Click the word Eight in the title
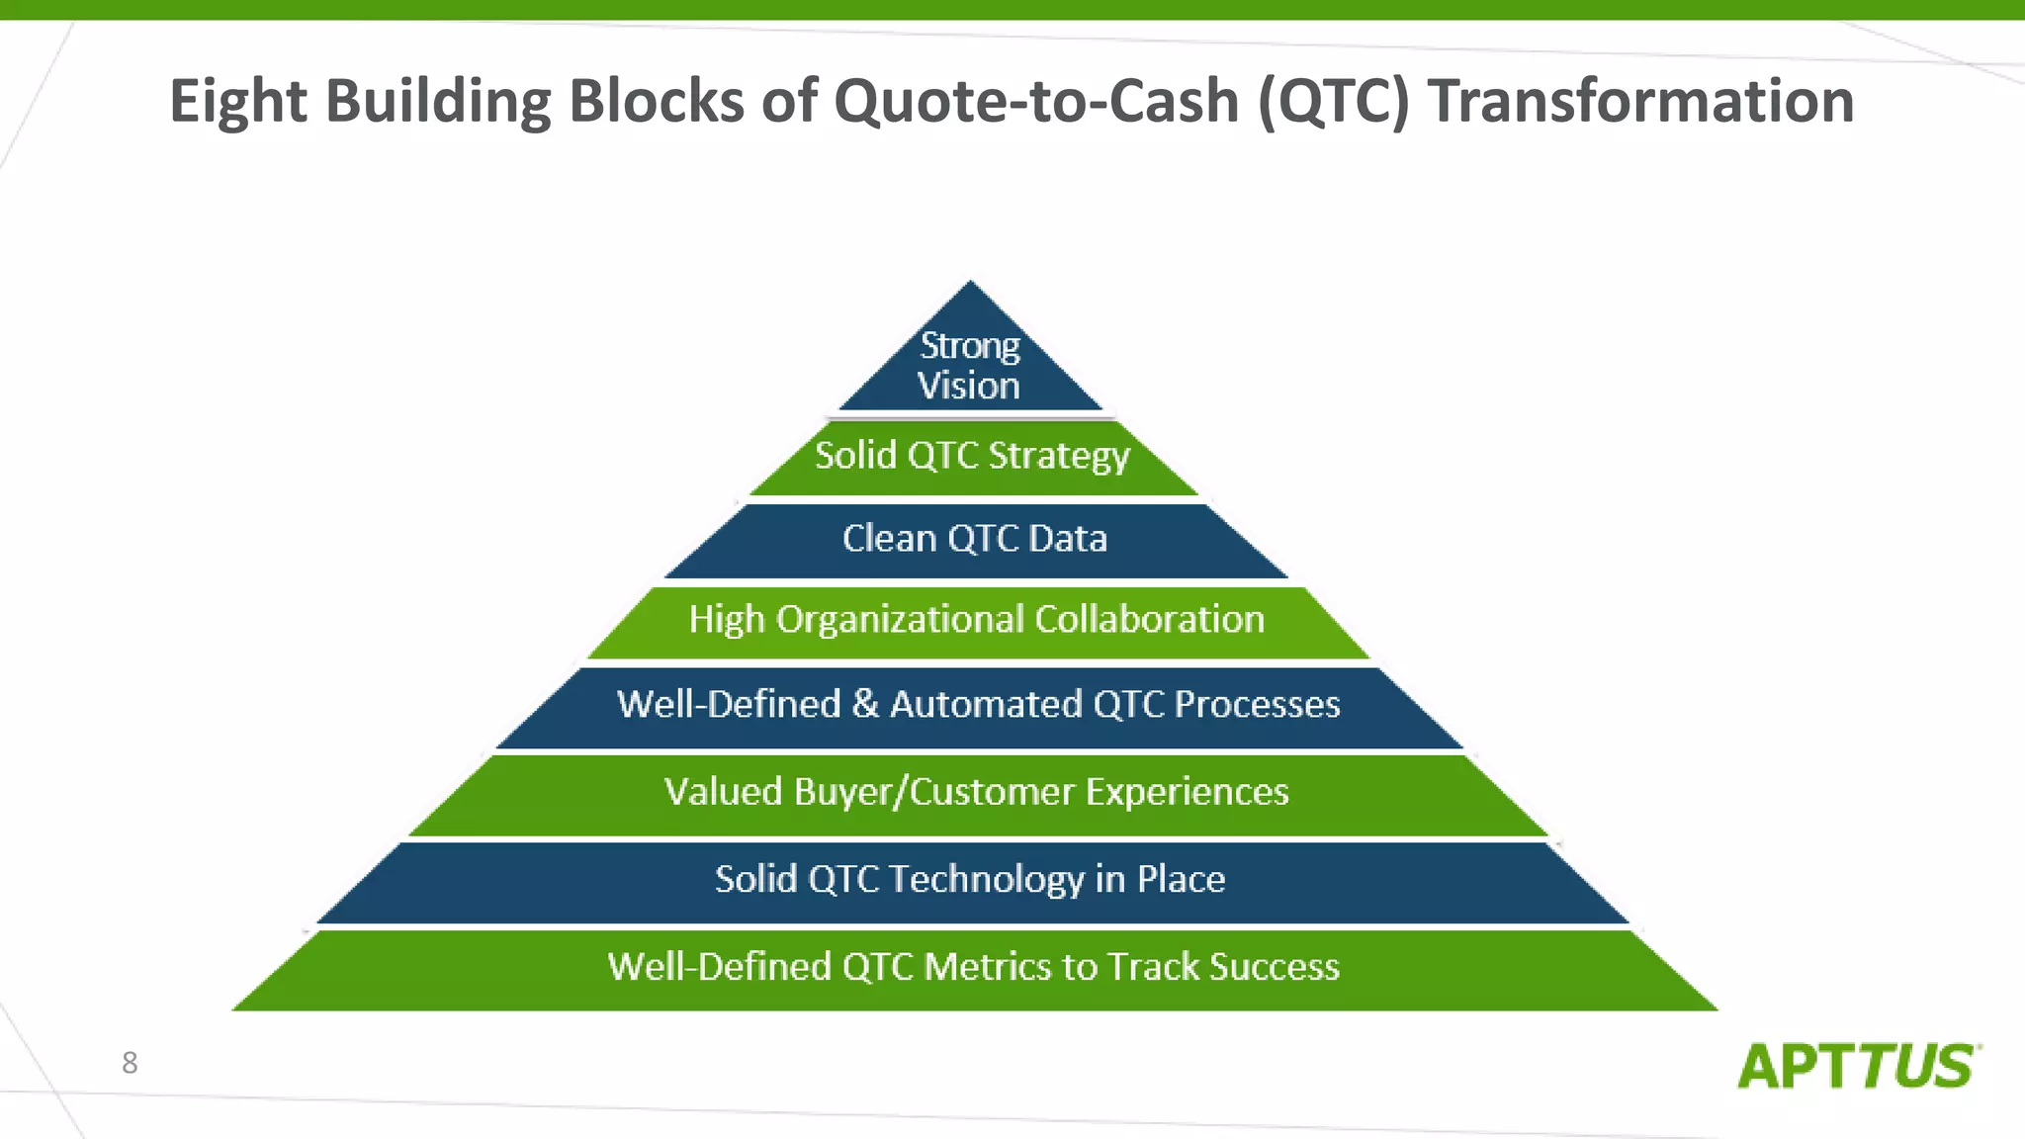point(238,102)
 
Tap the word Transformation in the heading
point(1640,102)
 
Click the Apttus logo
point(1858,1067)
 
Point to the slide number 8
point(130,1063)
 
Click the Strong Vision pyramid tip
point(970,365)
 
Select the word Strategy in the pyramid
point(1059,457)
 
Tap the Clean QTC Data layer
point(975,539)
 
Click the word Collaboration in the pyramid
point(1149,620)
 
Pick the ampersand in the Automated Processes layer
point(865,704)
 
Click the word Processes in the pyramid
point(1257,705)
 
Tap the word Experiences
point(1187,792)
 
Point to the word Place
point(1181,879)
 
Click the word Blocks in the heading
point(656,102)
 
